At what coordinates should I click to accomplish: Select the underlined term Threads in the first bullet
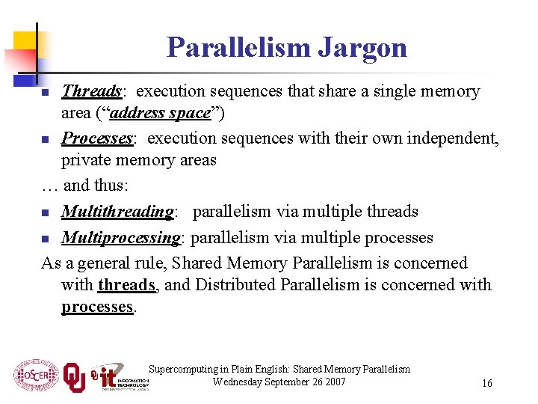point(91,91)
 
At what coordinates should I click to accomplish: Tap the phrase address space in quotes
point(169,113)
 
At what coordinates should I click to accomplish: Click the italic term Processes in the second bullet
point(96,138)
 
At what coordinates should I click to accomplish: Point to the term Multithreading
point(117,212)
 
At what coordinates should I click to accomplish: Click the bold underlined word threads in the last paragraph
point(126,285)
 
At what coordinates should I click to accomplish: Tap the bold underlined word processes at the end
point(97,307)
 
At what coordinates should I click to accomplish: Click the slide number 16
point(486,383)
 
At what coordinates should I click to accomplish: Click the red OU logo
point(74,376)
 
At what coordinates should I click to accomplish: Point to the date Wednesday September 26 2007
point(279,382)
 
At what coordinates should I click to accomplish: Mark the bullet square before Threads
point(46,93)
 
